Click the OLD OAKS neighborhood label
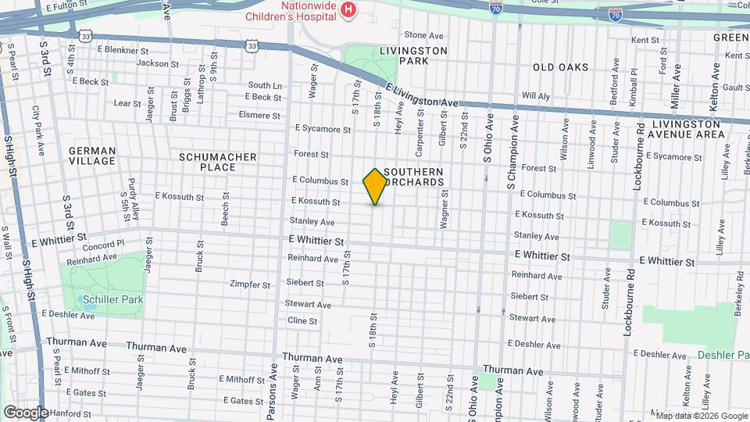(x=560, y=67)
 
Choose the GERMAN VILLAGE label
(x=92, y=156)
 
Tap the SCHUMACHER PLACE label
(x=218, y=162)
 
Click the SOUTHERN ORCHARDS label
(x=414, y=177)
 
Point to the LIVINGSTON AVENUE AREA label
(x=687, y=129)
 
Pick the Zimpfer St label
(x=250, y=284)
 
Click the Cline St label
(x=302, y=320)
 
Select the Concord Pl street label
(x=105, y=244)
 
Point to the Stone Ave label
(x=424, y=35)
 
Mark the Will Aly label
(x=536, y=95)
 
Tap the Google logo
(x=26, y=412)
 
